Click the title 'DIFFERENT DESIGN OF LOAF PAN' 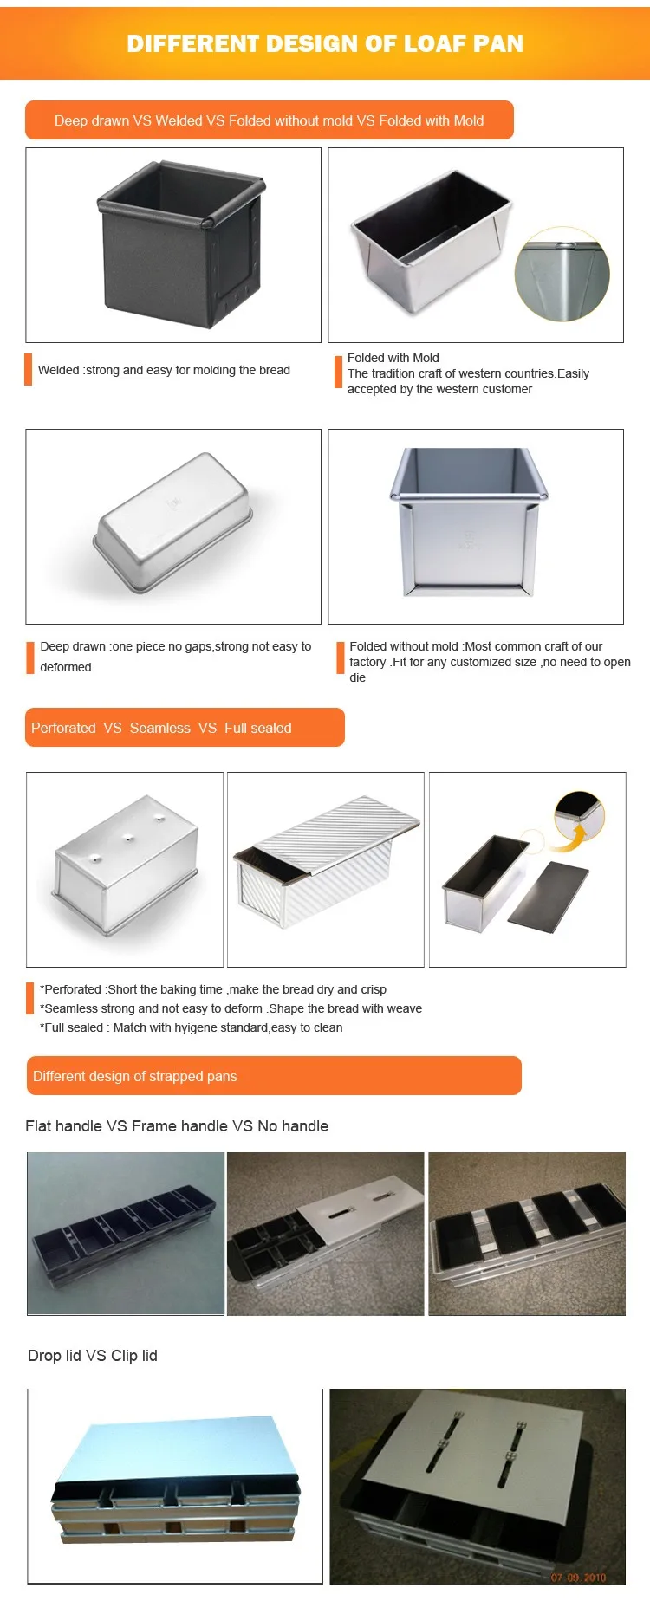point(325,43)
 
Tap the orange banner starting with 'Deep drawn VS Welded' point(270,120)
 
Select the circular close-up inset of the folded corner point(562,275)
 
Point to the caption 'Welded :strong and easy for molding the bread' point(164,370)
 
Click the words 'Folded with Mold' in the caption point(393,358)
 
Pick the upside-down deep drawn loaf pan point(173,523)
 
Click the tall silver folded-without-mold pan point(469,522)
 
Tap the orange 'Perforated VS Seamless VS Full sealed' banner point(185,728)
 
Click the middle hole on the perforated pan point(128,837)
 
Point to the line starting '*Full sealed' point(192,1027)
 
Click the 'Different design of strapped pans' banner point(274,1076)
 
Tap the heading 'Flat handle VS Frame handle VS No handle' point(177,1126)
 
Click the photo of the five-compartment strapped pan point(126,1234)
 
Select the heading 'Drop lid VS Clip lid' point(93,1356)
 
